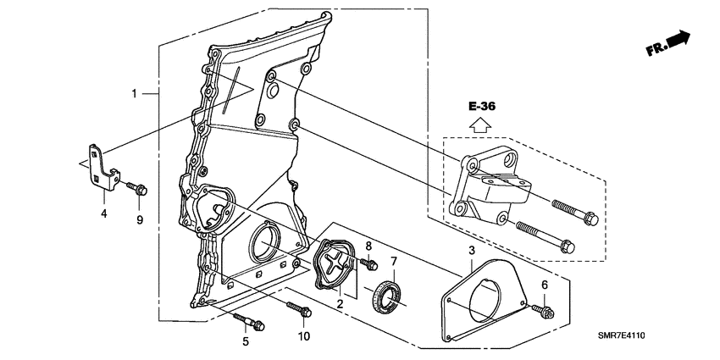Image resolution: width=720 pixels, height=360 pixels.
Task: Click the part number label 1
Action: coord(134,92)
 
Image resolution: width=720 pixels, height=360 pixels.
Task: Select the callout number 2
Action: coord(341,302)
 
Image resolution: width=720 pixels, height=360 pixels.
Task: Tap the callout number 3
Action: coord(471,250)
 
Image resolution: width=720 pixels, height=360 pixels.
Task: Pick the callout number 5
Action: coord(245,341)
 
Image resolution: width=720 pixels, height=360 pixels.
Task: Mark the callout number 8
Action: coord(368,246)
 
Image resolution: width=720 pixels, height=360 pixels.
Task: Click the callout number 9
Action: coord(141,220)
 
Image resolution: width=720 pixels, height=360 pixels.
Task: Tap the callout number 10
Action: coord(303,336)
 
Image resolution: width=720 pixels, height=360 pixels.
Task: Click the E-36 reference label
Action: coord(480,107)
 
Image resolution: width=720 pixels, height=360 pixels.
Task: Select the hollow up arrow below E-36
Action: coord(480,125)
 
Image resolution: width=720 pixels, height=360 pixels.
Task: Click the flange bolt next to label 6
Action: coord(542,310)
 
